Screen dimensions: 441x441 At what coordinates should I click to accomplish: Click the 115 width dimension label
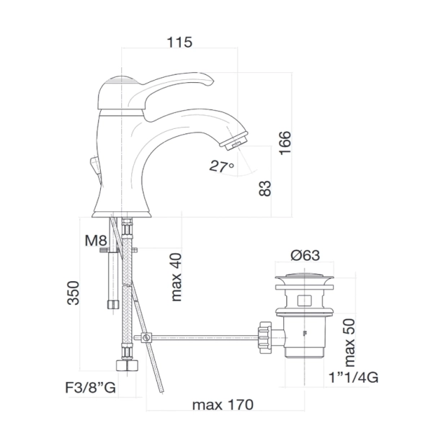pyautogui.click(x=179, y=43)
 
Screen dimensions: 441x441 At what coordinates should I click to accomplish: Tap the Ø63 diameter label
pyautogui.click(x=306, y=256)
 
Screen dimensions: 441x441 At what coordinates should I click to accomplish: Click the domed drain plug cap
pyautogui.click(x=305, y=277)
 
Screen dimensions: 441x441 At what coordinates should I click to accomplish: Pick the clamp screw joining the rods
pyautogui.click(x=146, y=337)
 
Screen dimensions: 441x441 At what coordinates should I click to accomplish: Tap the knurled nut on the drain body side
pyautogui.click(x=263, y=336)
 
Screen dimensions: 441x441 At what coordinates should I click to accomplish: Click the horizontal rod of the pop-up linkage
pyautogui.click(x=202, y=337)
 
